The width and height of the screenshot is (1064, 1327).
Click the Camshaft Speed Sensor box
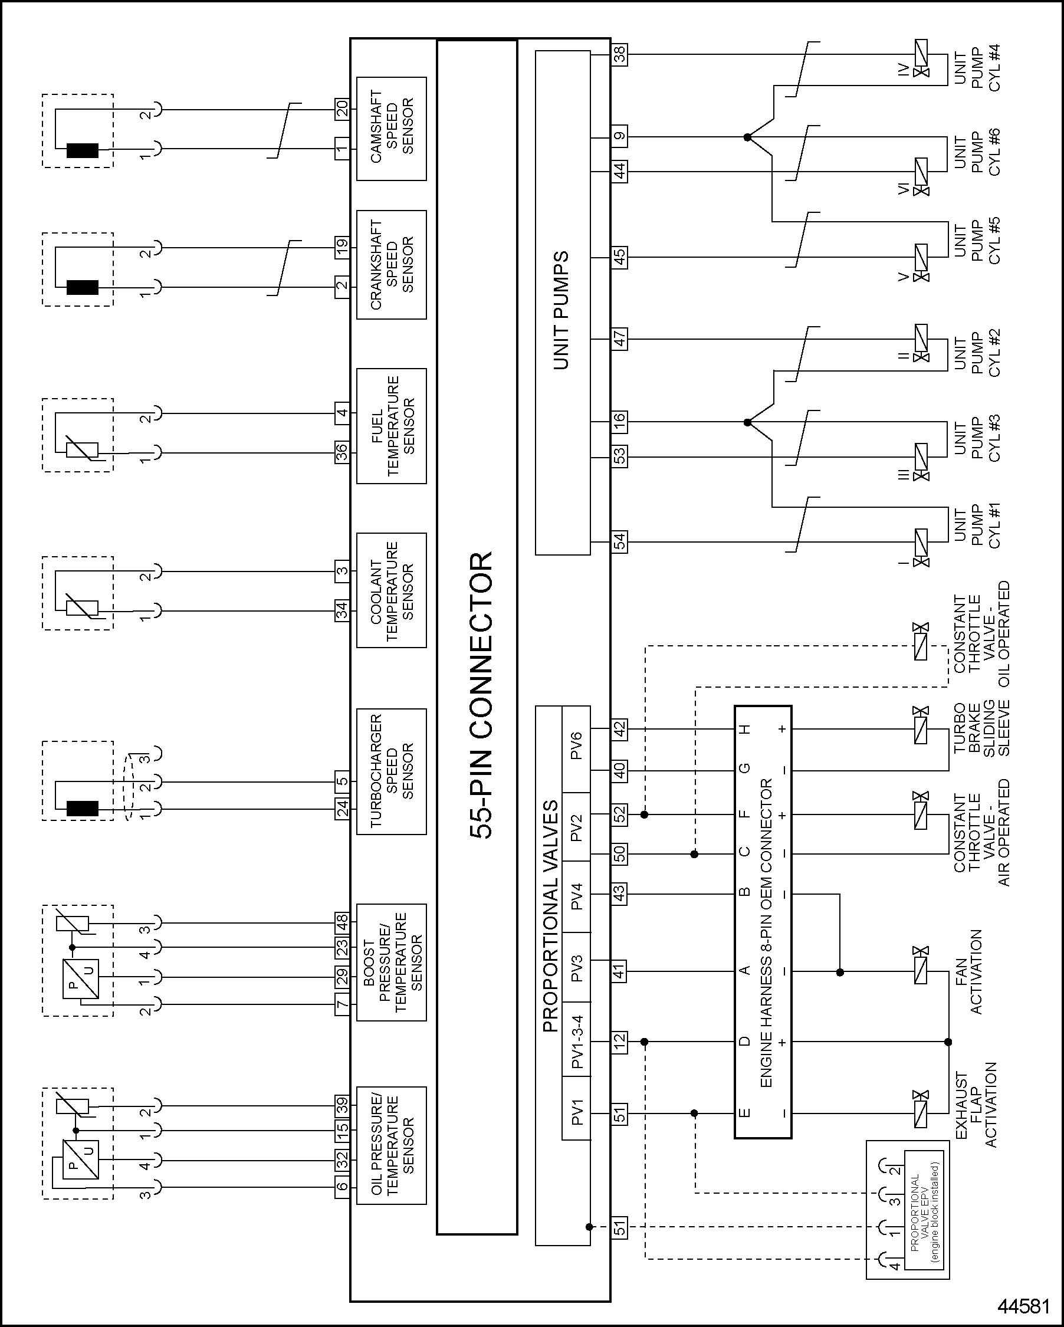point(392,129)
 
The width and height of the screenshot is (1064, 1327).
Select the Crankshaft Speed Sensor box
point(392,265)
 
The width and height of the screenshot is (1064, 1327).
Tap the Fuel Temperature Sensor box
point(392,426)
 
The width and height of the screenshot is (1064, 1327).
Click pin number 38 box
point(620,55)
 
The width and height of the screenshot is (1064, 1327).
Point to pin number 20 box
point(342,109)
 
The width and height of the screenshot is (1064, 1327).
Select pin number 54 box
point(620,541)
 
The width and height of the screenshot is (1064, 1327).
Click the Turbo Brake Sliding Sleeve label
point(982,729)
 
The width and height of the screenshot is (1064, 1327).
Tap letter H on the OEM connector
point(744,730)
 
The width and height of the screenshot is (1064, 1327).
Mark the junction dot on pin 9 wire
point(747,137)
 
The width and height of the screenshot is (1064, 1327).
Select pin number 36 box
point(342,452)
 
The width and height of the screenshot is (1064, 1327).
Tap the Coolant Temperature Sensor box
point(392,590)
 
